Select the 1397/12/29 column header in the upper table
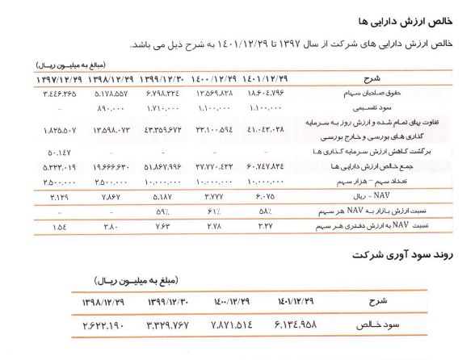click(x=61, y=79)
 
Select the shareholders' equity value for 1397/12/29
click(x=61, y=95)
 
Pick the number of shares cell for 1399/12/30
click(x=172, y=182)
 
